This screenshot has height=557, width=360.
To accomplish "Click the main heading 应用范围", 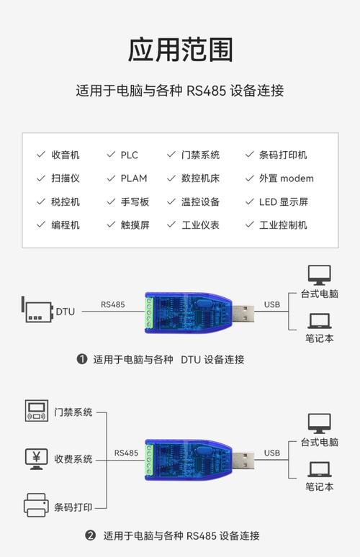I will click(180, 50).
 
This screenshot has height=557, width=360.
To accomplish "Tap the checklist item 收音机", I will click(66, 155).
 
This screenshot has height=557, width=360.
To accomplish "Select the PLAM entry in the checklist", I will click(134, 178).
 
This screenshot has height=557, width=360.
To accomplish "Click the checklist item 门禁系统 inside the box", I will click(200, 155).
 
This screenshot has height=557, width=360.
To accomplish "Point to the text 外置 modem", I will click(286, 178).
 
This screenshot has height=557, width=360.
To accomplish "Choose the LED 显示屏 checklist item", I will click(283, 201).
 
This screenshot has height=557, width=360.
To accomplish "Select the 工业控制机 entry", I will click(283, 225).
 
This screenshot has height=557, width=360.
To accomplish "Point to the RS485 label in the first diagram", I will click(112, 304).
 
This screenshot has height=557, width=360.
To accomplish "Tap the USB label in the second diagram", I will click(271, 453).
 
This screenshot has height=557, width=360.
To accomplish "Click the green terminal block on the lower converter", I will click(150, 461).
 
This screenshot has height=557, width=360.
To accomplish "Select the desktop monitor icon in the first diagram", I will click(319, 274).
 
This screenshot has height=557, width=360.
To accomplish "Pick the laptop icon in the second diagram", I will click(319, 469).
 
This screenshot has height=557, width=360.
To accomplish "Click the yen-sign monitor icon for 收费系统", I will click(35, 458).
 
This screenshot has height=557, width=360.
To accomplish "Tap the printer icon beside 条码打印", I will click(35, 504).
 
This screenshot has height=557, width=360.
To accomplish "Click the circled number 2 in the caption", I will click(91, 535).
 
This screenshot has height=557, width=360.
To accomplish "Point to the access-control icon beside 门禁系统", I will click(35, 411).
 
